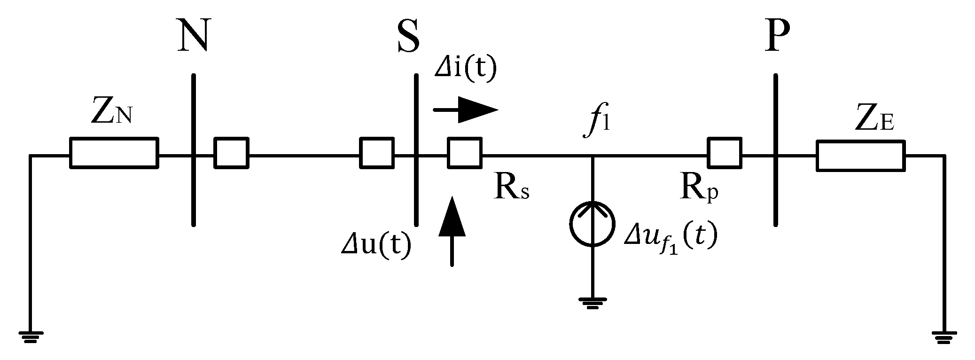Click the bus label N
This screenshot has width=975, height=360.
[x=193, y=35]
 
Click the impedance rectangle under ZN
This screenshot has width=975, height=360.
[x=114, y=153]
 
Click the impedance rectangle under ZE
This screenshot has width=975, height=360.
[x=860, y=156]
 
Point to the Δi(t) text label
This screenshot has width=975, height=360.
[x=465, y=70]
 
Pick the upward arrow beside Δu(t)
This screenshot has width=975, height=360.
[x=452, y=230]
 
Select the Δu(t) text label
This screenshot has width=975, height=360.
[x=376, y=245]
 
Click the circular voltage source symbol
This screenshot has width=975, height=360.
[x=592, y=224]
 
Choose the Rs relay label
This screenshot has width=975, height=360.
[x=511, y=188]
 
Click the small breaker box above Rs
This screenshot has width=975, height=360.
[x=464, y=153]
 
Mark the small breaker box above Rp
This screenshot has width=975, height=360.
[x=725, y=153]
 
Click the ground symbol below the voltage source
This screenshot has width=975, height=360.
[x=592, y=302]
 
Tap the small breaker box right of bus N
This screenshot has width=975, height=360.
[x=231, y=153]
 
